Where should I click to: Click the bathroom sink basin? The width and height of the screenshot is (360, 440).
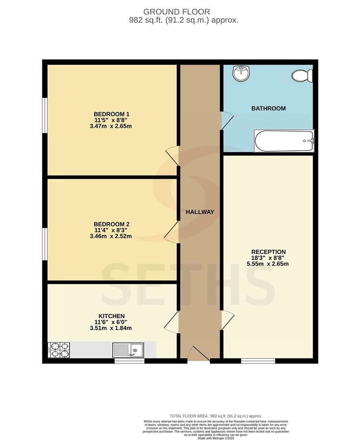(241, 73)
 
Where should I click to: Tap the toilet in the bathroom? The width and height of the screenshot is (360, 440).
(302, 76)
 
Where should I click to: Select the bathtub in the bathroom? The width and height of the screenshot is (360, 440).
(284, 141)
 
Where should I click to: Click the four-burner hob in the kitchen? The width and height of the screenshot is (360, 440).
(59, 350)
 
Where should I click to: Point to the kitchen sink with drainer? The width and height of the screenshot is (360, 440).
(128, 350)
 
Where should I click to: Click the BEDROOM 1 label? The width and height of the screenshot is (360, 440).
(111, 114)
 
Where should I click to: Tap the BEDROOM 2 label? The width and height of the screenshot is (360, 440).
(111, 224)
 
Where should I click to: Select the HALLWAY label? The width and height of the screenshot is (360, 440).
(200, 212)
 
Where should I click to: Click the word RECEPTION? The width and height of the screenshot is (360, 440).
(268, 252)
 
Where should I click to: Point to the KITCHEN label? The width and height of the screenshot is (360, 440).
(111, 316)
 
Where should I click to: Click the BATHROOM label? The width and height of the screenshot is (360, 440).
(268, 108)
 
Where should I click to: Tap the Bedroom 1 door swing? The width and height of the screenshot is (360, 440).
(172, 156)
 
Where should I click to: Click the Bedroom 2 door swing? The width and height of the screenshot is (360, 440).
(171, 232)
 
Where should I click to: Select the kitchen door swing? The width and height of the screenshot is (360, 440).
(171, 321)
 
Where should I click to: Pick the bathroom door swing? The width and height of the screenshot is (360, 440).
(227, 121)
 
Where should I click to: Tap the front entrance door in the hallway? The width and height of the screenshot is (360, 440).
(199, 354)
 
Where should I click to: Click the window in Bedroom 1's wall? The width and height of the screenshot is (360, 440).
(45, 115)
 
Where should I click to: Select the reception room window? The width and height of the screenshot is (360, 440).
(258, 361)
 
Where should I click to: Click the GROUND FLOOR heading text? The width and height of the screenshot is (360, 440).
(177, 12)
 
